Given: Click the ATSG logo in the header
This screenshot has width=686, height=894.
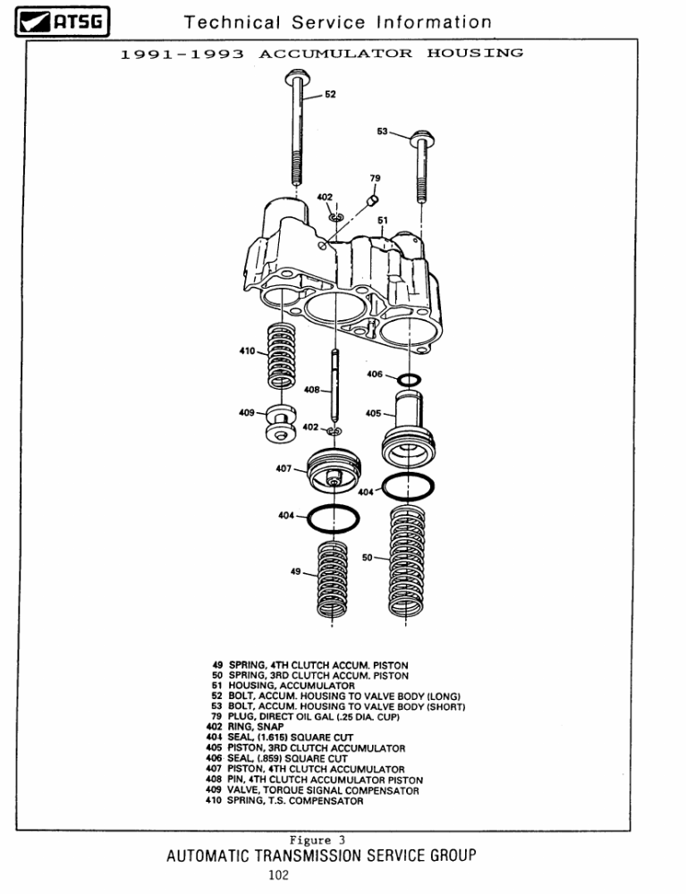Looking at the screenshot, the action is (62, 21).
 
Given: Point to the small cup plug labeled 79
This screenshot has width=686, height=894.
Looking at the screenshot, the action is (372, 199).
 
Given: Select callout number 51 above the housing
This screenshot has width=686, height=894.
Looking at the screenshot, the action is (383, 221).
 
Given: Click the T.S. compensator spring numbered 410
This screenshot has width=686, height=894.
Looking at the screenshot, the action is (282, 355).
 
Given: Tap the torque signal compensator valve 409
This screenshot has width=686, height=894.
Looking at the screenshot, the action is (281, 423).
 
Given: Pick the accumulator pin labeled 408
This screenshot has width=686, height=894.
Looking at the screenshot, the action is (335, 385).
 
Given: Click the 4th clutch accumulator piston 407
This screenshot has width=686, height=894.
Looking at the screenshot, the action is (335, 470).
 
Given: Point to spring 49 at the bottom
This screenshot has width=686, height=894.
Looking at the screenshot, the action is (332, 578).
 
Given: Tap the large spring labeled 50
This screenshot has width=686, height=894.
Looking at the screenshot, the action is (407, 561).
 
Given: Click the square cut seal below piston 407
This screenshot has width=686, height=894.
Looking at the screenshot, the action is (333, 519).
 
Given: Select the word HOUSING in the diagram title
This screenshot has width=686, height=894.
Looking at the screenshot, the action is (475, 53).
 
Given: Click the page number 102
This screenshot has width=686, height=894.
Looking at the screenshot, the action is (279, 874).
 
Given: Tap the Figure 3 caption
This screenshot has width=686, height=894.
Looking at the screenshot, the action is (317, 839).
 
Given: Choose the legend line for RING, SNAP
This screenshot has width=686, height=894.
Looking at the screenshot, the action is (245, 727).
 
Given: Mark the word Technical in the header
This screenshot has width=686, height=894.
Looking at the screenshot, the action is (232, 22).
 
